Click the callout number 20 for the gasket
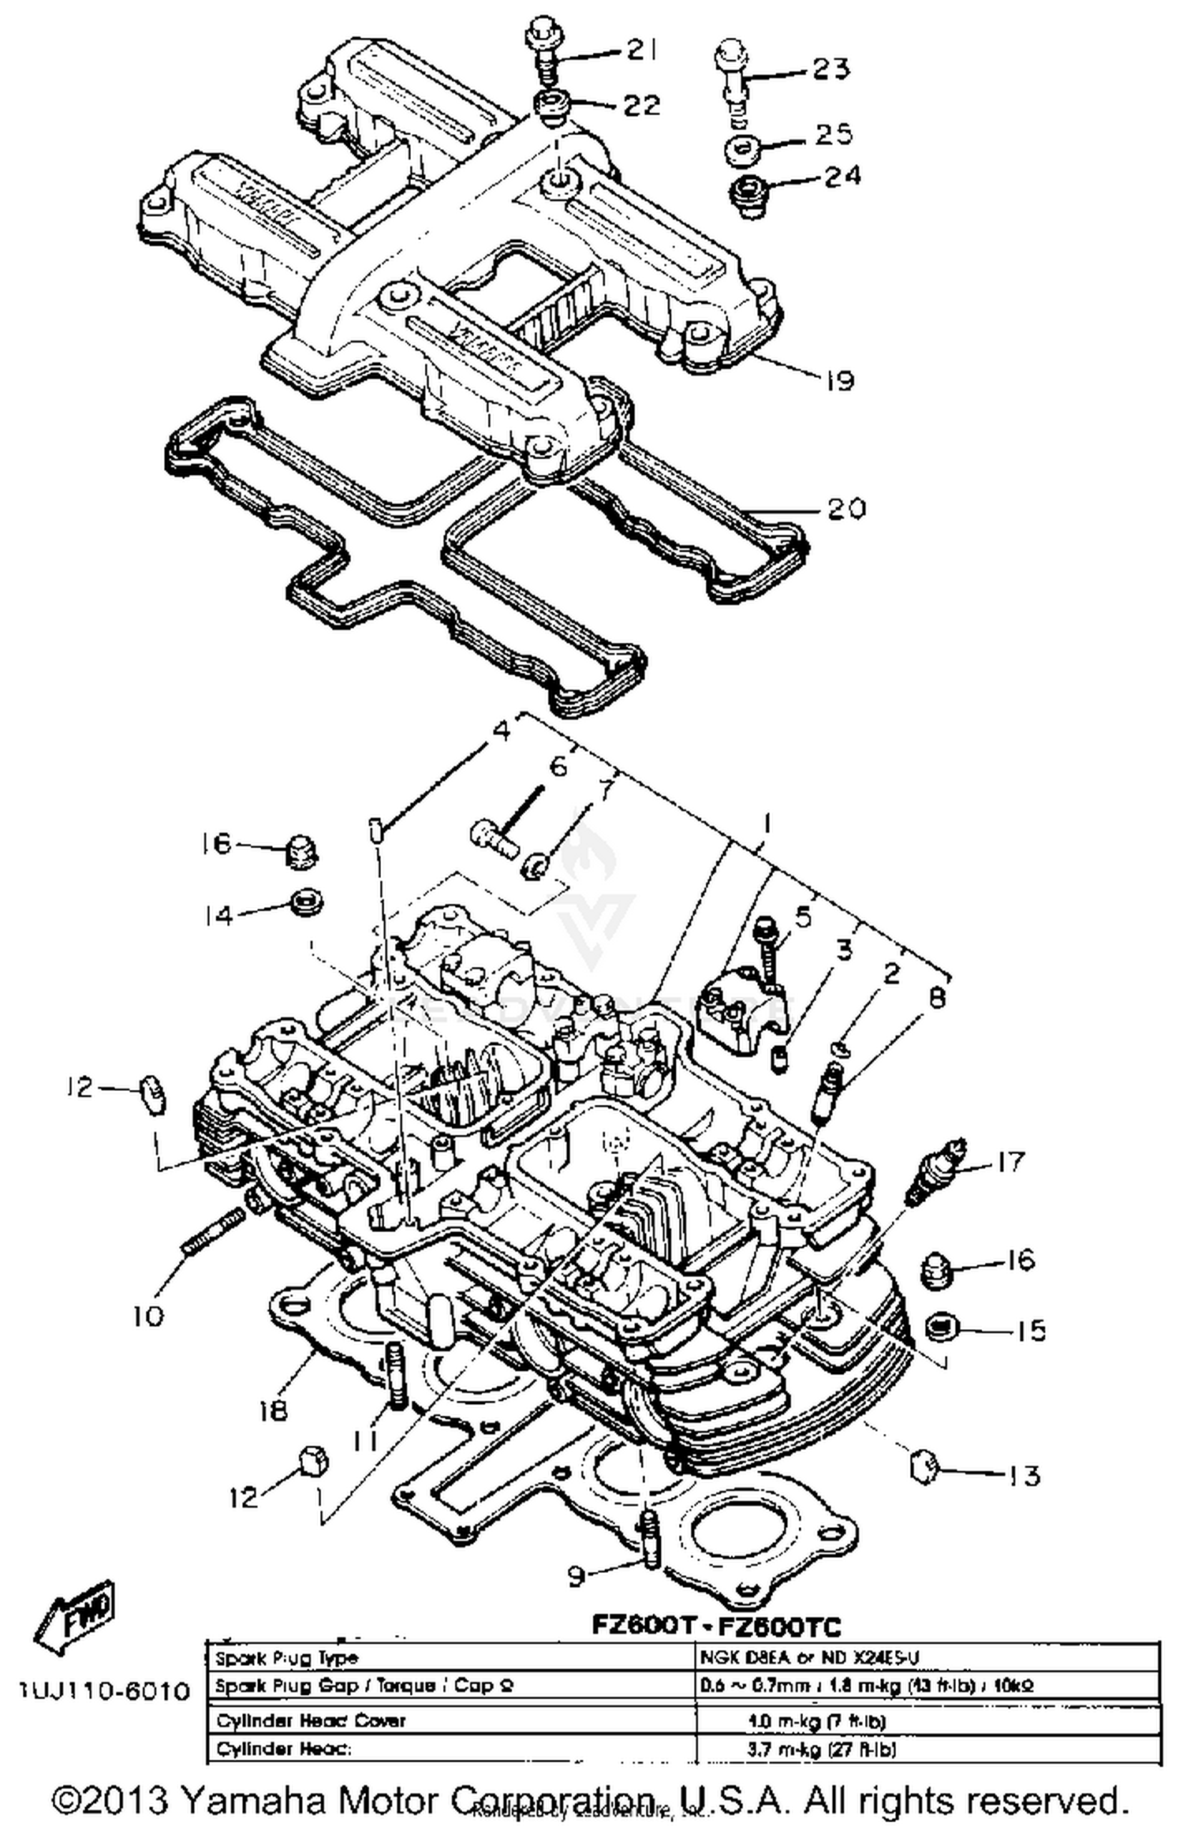[x=845, y=508]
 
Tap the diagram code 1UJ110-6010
[x=104, y=1691]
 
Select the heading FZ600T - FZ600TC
[x=716, y=1626]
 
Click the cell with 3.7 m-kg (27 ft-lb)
[x=820, y=1749]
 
